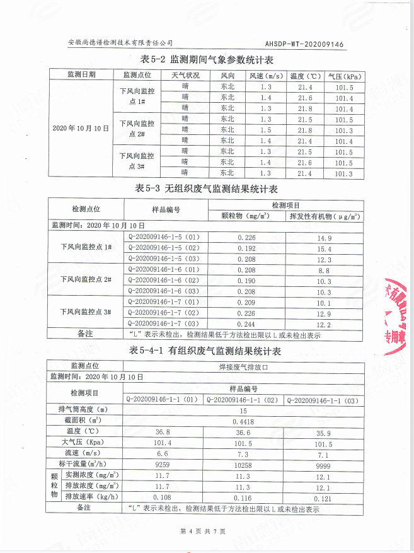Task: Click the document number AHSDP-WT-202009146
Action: click(x=304, y=44)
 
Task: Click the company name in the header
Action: click(x=120, y=44)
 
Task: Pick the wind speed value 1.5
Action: click(x=265, y=130)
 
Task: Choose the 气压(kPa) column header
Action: click(x=344, y=76)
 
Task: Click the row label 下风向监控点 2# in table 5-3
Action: click(x=86, y=280)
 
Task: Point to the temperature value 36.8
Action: click(x=163, y=431)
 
